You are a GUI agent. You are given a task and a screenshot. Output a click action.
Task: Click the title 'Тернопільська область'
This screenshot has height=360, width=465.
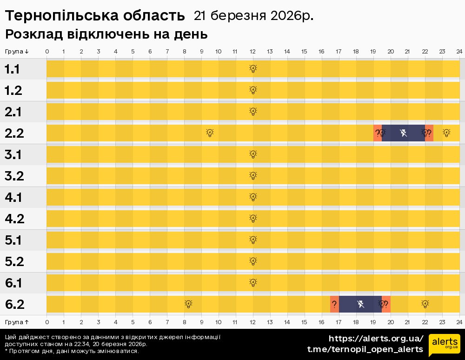95,16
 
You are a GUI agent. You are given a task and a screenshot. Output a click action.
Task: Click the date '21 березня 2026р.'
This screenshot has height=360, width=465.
253,16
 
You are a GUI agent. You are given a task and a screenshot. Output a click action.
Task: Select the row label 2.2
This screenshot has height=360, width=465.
14,133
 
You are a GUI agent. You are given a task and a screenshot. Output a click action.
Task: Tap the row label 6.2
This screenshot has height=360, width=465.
14,305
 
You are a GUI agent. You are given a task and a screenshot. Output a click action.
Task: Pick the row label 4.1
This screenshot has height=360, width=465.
14,198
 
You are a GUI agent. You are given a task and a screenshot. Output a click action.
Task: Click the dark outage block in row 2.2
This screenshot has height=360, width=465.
403,133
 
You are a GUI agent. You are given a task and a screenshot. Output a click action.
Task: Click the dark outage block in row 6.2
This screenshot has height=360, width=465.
360,304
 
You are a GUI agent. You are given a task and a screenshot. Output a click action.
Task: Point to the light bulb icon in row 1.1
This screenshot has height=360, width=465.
253,69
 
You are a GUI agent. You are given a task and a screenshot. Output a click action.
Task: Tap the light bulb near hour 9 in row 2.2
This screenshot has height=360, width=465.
210,133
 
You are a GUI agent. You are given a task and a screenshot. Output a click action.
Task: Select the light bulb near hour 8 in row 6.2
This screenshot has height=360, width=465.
188,304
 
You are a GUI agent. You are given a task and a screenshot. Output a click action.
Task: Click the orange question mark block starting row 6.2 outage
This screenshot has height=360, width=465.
334,304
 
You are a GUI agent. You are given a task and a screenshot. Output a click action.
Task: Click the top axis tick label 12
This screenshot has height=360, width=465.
253,51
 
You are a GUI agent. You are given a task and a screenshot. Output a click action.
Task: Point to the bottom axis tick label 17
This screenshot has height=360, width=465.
339,322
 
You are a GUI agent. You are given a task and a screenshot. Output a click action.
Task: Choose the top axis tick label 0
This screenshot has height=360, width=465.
47,51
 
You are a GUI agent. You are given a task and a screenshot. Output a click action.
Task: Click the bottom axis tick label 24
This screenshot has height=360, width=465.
459,322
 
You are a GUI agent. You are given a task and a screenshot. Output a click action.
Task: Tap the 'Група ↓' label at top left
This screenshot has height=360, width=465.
17,51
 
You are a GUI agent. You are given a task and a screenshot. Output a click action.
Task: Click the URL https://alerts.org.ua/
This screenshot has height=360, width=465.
376,338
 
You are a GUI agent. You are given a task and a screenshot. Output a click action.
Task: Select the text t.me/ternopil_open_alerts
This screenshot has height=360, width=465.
365,349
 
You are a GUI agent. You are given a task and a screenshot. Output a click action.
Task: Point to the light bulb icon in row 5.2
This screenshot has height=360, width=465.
253,261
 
